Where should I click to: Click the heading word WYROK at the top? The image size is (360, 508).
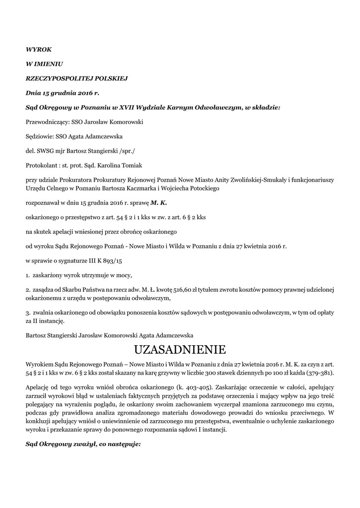[x=38, y=50]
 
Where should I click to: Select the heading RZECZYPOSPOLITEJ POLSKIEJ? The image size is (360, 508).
[x=77, y=78]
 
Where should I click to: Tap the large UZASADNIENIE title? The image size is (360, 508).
[x=180, y=350]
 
